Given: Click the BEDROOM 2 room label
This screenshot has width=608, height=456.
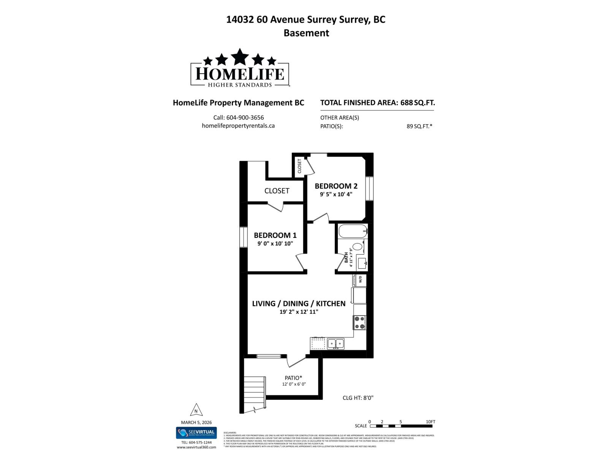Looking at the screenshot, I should [336, 186].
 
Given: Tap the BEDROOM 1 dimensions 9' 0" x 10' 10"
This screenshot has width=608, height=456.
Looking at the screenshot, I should [275, 244].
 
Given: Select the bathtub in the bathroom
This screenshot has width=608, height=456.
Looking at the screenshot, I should [353, 231].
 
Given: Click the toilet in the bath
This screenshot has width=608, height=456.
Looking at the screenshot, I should [358, 247].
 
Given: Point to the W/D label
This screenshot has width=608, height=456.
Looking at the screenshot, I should [360, 280].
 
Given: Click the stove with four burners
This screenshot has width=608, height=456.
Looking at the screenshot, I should [359, 323].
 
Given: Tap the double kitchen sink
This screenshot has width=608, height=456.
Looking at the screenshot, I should [336, 344].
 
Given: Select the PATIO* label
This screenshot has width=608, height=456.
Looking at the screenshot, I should [293, 378].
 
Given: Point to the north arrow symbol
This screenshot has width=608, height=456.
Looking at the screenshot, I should [196, 410].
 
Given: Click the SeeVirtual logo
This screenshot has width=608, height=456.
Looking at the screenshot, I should [196, 432].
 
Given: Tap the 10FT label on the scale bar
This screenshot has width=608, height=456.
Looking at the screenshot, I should [430, 422].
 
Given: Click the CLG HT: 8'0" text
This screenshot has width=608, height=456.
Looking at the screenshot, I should [358, 398].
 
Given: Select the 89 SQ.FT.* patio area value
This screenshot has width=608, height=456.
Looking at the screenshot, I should [419, 126].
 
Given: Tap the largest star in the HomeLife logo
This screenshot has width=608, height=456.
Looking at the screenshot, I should [239, 57].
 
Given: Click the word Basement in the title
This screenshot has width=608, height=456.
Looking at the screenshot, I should [306, 33].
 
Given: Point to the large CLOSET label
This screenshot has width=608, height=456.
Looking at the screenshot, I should [277, 191].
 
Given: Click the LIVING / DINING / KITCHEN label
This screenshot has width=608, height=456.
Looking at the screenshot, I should [299, 303].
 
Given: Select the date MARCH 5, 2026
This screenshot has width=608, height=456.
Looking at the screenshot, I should [196, 422].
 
